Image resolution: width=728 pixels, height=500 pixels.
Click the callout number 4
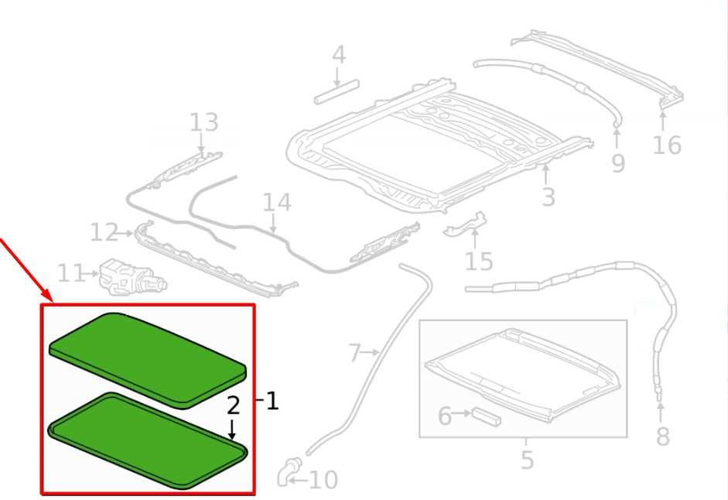[x=339, y=55]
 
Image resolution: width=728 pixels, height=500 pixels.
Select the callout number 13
[x=203, y=122]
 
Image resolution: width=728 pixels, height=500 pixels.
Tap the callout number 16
[x=667, y=145]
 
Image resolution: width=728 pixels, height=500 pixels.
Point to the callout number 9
[x=618, y=163]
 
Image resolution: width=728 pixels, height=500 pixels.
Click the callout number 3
[x=549, y=197]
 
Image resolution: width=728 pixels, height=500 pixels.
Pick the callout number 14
[x=277, y=203]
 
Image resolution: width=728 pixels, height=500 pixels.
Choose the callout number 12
[x=104, y=232]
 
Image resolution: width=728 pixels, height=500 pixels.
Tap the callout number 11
[x=70, y=273]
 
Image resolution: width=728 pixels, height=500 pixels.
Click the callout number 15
[x=479, y=262]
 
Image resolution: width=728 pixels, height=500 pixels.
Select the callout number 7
[x=354, y=353]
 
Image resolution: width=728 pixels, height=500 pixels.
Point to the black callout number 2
[x=233, y=406]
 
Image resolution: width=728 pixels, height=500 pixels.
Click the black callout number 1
[x=272, y=401]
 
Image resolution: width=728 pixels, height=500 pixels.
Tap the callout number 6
[x=445, y=416]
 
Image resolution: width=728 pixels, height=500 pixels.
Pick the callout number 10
[x=323, y=480]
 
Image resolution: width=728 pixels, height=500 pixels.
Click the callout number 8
[x=662, y=437]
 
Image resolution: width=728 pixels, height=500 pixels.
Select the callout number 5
[x=527, y=460]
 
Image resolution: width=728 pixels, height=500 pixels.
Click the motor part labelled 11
[x=132, y=277]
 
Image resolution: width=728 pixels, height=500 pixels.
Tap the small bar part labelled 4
[x=337, y=92]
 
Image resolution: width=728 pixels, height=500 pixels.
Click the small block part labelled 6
[x=487, y=417]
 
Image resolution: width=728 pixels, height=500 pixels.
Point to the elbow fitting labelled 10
[x=289, y=471]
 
